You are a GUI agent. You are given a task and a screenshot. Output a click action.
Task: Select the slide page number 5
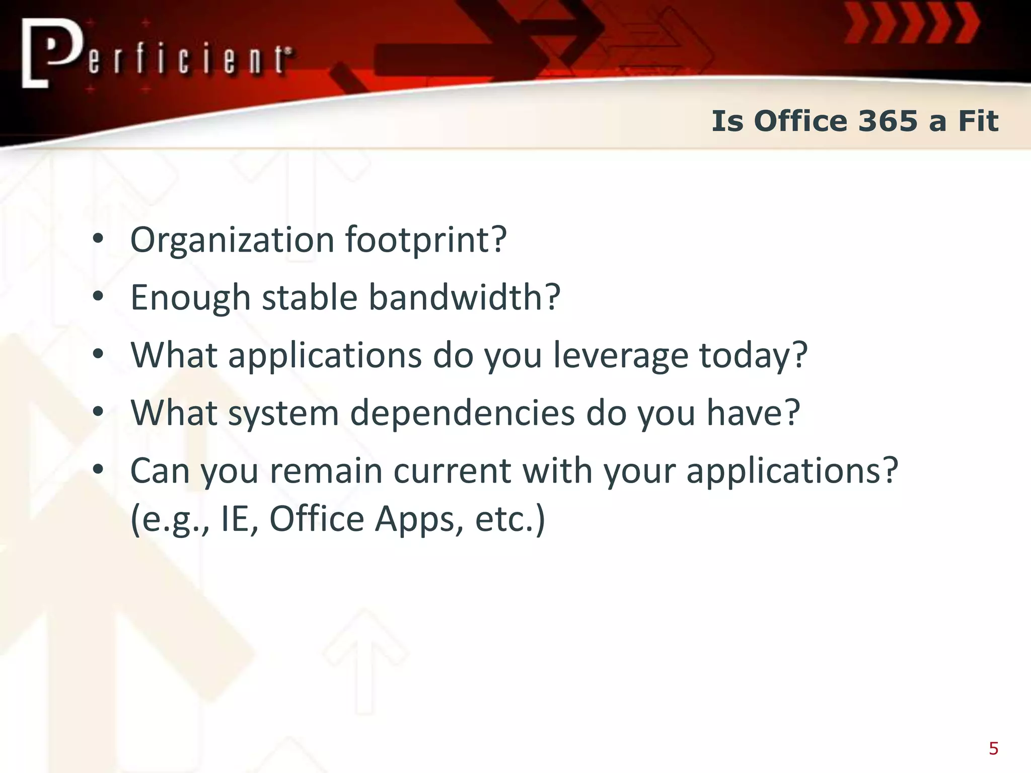[993, 748]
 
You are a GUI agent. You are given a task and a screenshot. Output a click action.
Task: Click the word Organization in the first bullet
[232, 240]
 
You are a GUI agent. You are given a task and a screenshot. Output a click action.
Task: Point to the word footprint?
[426, 240]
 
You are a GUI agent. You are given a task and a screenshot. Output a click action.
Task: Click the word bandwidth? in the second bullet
[464, 297]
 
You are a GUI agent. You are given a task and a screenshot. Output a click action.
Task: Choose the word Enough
[190, 298]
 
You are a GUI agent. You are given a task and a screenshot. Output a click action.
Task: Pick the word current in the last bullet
[452, 471]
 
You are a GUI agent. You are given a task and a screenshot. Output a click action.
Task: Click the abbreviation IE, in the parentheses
[240, 519]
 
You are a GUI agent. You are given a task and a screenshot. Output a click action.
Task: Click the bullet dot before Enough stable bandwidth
[98, 297]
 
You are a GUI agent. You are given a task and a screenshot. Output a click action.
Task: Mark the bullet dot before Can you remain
[98, 470]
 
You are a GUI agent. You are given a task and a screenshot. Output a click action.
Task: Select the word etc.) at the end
[510, 519]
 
